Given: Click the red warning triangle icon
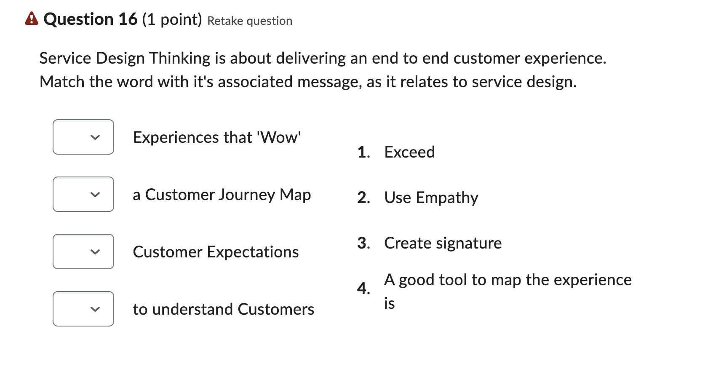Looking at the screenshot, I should coord(32,19).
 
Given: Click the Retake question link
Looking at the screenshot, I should coord(250,21).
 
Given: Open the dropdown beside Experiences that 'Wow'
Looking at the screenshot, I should coord(83,137).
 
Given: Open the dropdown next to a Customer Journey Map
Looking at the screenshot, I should coord(83,194).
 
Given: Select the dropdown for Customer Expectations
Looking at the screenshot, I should coord(83,252).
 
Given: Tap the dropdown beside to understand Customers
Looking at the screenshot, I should coord(83,309).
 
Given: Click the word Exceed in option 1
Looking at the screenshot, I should coord(409,152).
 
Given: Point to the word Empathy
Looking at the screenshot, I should coord(447,198).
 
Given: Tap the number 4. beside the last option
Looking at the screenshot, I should coord(363,289).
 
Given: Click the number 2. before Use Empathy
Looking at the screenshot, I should coord(363,198).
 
